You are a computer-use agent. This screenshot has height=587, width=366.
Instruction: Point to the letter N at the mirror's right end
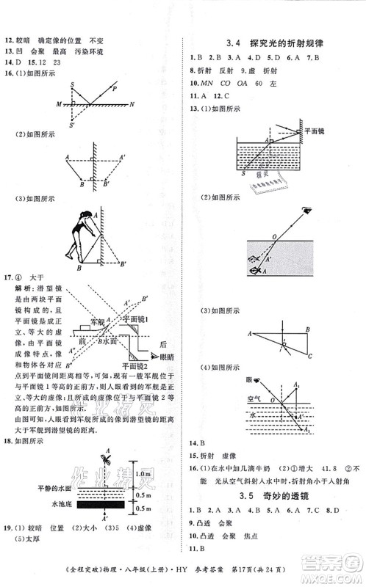132,105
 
